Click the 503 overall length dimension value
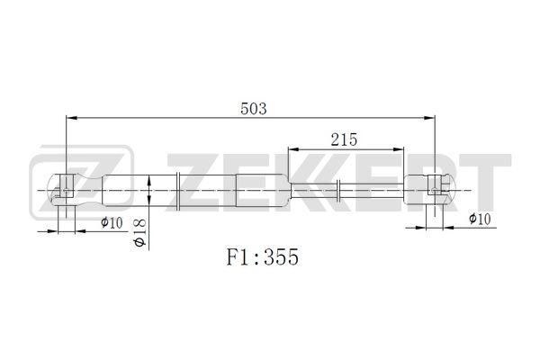(254, 109)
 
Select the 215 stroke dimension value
(344, 139)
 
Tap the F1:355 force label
(263, 257)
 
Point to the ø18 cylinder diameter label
(140, 232)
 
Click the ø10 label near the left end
(112, 222)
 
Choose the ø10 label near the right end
(480, 219)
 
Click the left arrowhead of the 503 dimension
(71, 118)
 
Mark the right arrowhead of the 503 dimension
(429, 118)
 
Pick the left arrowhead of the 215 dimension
(293, 149)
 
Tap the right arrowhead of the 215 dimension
(398, 149)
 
